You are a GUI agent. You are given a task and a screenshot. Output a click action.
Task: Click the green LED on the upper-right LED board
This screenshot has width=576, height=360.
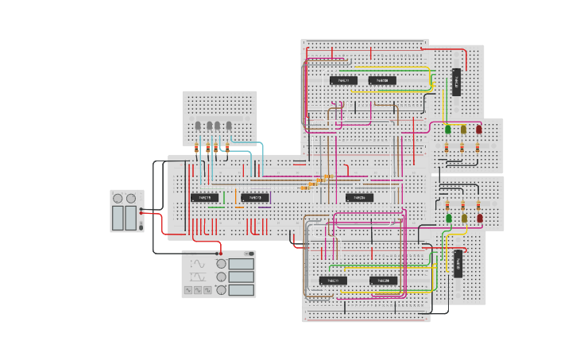pos(448,129)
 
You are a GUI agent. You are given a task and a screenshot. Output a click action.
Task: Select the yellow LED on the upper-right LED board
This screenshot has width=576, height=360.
pos(463,129)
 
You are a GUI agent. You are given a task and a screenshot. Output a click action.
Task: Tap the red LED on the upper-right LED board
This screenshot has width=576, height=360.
pos(478,129)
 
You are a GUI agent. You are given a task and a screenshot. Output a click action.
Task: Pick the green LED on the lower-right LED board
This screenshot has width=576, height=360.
pos(449,218)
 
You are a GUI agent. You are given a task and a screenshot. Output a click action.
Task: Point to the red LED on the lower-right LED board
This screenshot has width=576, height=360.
pos(479,218)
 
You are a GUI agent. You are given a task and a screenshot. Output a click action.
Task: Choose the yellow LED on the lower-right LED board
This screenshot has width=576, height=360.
pos(464,218)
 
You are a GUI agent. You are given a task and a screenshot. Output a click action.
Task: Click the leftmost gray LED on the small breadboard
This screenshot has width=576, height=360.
pos(198,126)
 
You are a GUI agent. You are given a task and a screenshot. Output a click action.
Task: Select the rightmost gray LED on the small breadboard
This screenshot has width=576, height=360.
pos(229,126)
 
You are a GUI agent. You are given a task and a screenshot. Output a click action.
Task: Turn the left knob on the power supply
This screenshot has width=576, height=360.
pos(118,199)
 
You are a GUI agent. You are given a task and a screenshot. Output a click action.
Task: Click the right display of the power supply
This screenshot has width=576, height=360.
pos(131,218)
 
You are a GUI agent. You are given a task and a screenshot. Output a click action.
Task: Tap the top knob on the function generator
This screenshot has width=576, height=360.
pos(221,264)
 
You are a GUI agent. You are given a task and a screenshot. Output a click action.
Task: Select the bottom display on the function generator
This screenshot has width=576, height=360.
pos(241,290)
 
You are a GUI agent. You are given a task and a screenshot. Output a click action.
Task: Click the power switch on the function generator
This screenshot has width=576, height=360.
pos(250,254)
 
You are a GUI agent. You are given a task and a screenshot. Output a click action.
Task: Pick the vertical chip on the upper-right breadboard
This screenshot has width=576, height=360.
pos(456,82)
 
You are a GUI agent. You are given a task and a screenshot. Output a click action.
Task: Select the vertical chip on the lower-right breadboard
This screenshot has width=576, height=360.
pos(458,263)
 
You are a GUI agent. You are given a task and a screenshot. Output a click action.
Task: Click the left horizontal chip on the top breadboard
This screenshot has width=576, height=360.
pos(343,80)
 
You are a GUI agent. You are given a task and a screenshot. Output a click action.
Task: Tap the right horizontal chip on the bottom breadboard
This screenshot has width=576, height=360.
pos(383,281)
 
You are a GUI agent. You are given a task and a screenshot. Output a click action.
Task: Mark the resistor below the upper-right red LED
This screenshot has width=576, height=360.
pos(477,147)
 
